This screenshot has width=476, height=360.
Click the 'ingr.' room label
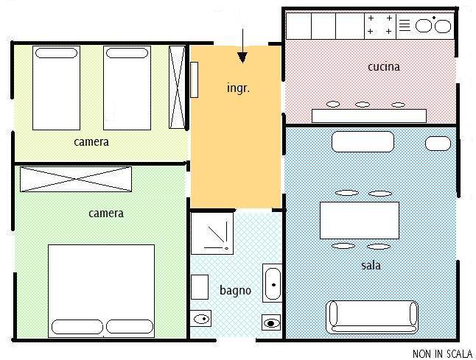tap(238, 88)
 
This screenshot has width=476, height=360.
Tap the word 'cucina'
tap(384, 67)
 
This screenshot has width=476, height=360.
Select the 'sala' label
tap(371, 265)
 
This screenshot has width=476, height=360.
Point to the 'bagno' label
tap(235, 291)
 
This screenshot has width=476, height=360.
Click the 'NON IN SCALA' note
tap(442, 353)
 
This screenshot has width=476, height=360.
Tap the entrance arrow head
tap(242, 57)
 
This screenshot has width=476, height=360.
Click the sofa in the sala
tap(372, 317)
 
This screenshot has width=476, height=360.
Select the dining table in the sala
tap(360, 220)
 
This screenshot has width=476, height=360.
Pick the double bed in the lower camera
tap(102, 291)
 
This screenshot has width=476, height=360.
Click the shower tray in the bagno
tap(212, 233)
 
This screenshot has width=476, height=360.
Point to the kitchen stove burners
tap(379, 25)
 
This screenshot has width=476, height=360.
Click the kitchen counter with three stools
tap(369, 116)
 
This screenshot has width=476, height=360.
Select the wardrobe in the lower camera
tap(76, 179)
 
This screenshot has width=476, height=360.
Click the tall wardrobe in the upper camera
tap(178, 88)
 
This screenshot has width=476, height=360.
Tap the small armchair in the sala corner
tap(438, 144)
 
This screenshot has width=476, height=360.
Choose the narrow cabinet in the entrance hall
tap(195, 80)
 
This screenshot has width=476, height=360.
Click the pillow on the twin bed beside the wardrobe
tap(127, 53)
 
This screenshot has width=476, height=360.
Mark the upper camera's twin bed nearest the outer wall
tap(56, 88)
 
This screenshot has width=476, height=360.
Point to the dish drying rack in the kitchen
tap(405, 26)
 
